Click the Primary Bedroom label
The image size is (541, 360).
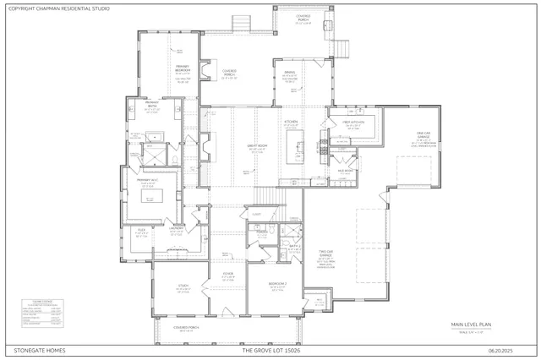point(183,69)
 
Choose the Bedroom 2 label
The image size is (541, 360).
point(276,284)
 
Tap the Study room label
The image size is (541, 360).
point(183,286)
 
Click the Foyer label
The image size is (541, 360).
point(228,273)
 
